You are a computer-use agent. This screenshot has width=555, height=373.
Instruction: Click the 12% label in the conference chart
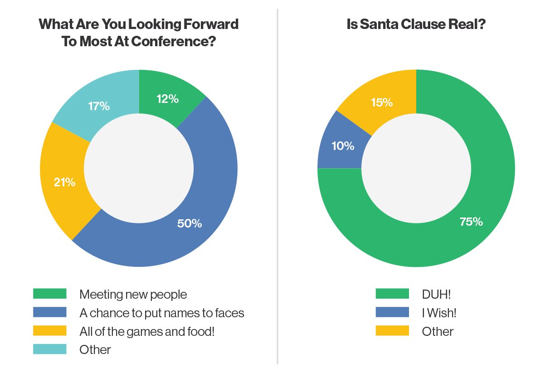click(x=168, y=99)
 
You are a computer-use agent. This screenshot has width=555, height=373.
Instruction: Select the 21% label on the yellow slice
click(x=64, y=183)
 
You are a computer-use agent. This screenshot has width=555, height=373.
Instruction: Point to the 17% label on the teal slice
click(x=99, y=106)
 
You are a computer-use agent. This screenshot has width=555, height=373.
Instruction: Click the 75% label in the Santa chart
click(x=472, y=222)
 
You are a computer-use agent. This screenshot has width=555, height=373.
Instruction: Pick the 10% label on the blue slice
click(x=343, y=146)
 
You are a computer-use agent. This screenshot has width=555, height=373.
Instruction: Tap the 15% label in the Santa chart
click(x=382, y=102)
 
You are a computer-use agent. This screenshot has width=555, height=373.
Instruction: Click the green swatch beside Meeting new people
click(x=50, y=294)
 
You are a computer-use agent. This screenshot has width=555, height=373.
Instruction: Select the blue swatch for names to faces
click(x=50, y=312)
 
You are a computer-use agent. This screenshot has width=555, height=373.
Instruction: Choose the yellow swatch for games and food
click(x=50, y=331)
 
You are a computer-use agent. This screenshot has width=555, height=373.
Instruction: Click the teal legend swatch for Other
click(x=50, y=349)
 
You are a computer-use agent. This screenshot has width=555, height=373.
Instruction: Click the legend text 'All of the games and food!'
click(x=146, y=331)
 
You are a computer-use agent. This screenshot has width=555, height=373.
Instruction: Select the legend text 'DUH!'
click(x=437, y=294)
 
